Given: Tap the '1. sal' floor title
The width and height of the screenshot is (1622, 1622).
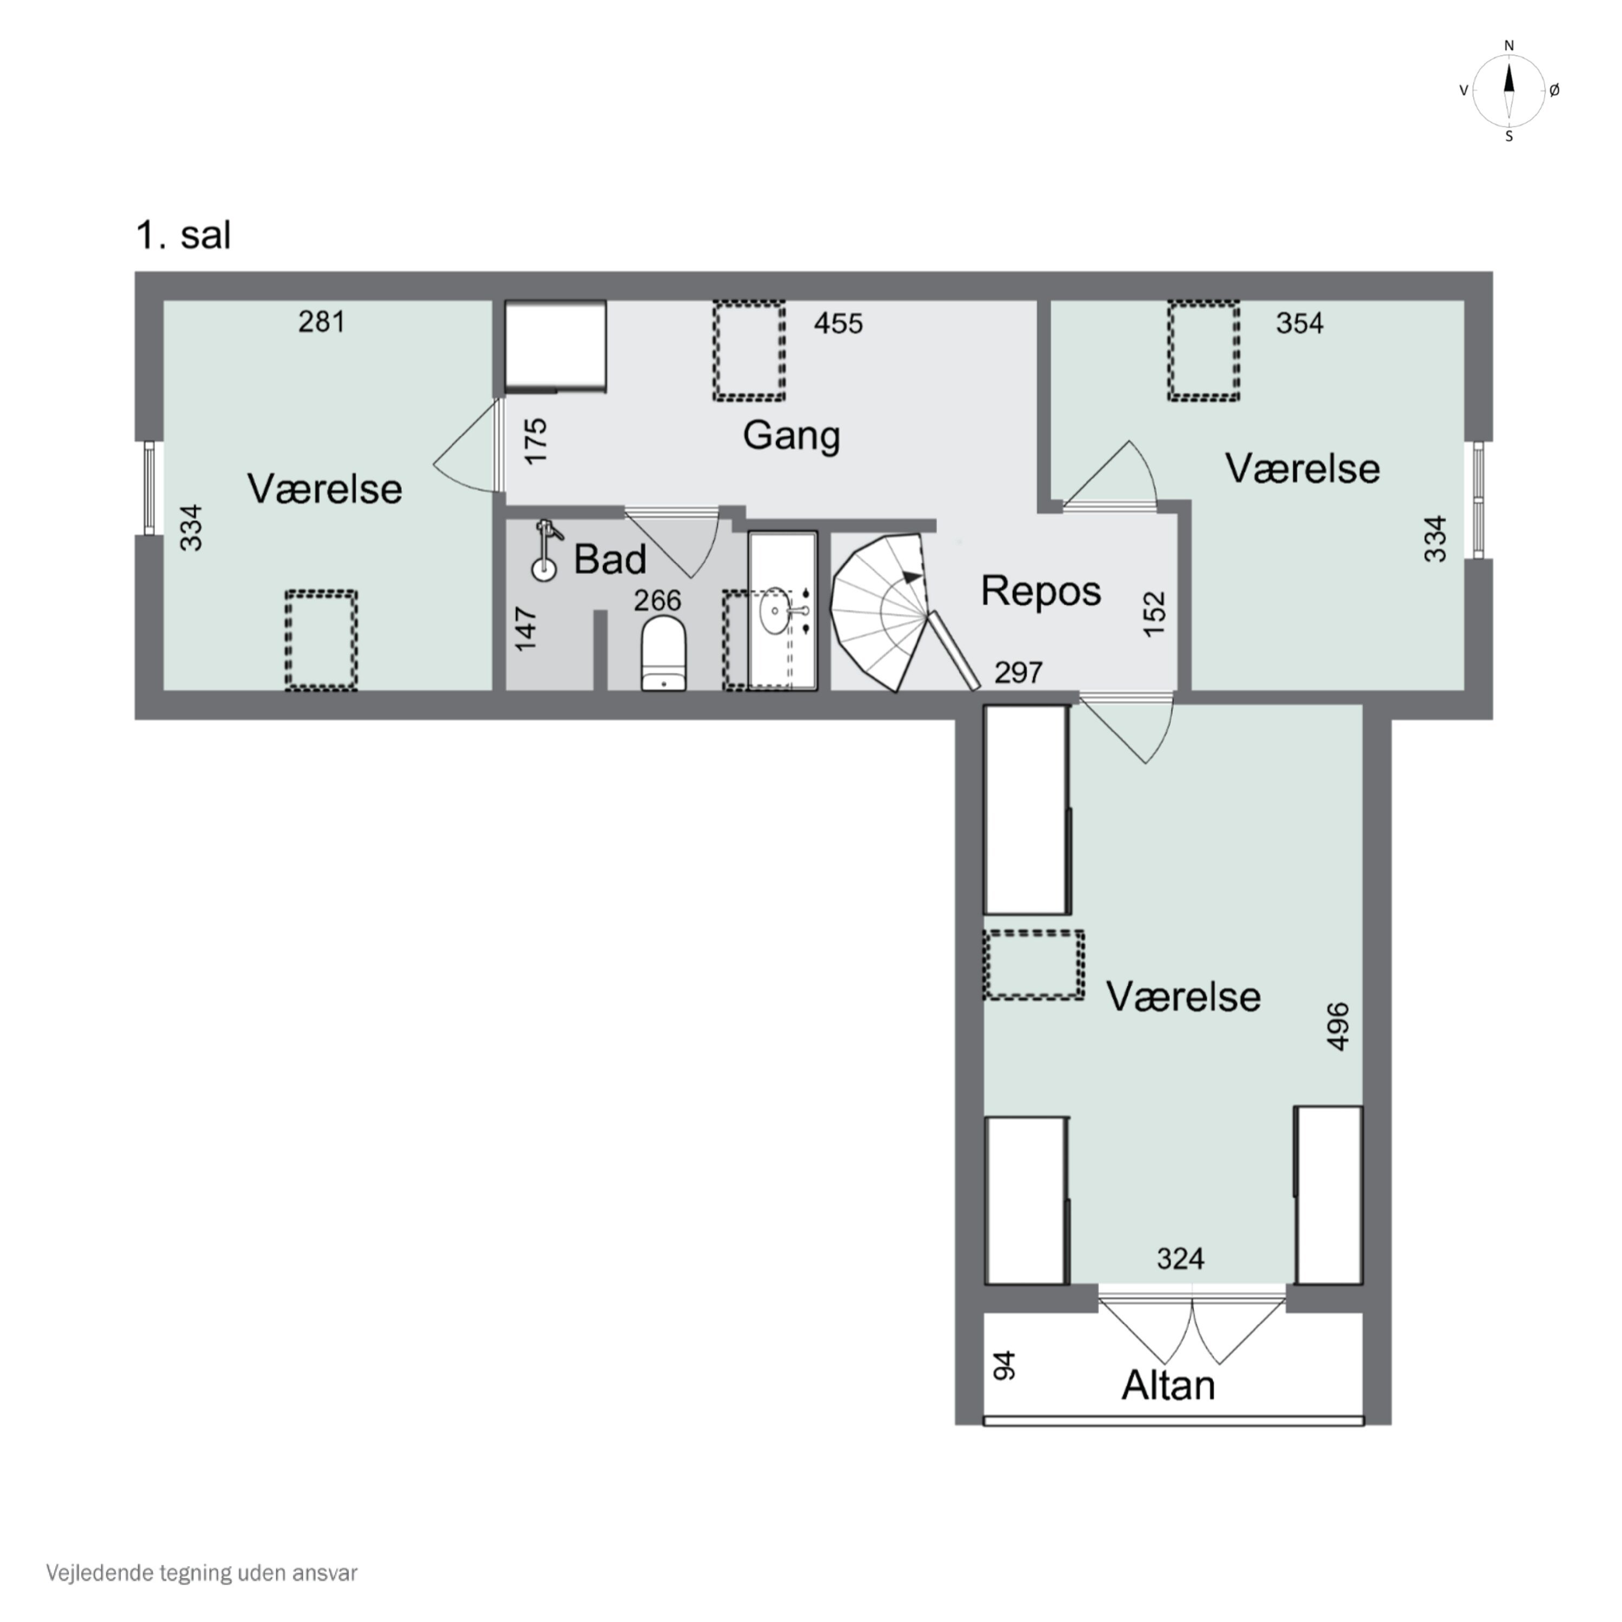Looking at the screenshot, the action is coord(183,235).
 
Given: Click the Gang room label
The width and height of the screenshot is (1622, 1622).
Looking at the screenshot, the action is coord(791,436).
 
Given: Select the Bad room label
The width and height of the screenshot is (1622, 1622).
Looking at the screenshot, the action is coord(609,559).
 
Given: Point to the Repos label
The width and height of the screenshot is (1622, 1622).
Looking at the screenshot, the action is coord(1040,591).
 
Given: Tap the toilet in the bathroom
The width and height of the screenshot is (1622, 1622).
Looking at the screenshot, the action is coord(663,653).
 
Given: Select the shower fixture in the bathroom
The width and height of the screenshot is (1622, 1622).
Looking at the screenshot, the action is coord(546,550).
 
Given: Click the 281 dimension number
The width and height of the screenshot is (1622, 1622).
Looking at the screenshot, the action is coord(322,322).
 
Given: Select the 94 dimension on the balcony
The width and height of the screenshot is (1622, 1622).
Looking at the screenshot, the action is coord(1004,1366).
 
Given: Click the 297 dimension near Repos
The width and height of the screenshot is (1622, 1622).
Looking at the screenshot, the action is coord(1019,673).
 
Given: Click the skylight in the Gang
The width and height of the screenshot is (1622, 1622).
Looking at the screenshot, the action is coord(749,350).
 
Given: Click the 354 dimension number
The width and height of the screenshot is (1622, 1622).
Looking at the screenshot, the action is coord(1300,323).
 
